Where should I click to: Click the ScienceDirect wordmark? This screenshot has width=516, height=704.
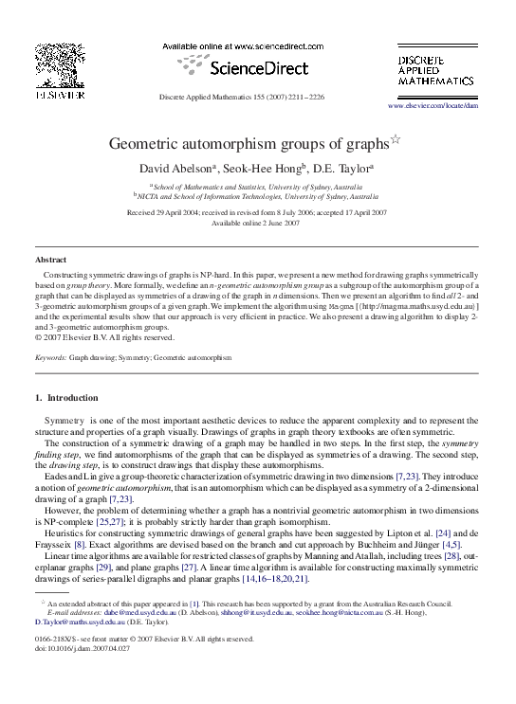[257, 67]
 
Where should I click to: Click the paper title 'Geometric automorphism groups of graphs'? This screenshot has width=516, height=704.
[249, 144]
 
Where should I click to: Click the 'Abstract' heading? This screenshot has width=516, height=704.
[50, 259]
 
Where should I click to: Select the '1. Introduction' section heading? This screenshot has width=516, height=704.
[72, 397]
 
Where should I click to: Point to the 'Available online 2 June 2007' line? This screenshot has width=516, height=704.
[257, 223]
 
